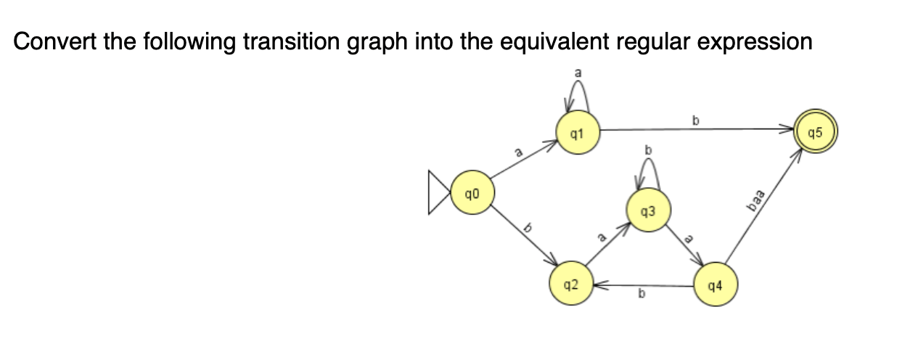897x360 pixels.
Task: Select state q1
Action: click(x=576, y=133)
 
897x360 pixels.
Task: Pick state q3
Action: click(x=648, y=211)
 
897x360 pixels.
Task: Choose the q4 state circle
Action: click(x=715, y=285)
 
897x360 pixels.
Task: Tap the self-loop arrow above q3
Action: click(x=648, y=173)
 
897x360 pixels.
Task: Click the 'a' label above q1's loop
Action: click(x=578, y=73)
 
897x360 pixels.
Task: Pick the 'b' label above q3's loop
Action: click(x=649, y=150)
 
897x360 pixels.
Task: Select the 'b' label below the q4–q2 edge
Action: click(x=641, y=295)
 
